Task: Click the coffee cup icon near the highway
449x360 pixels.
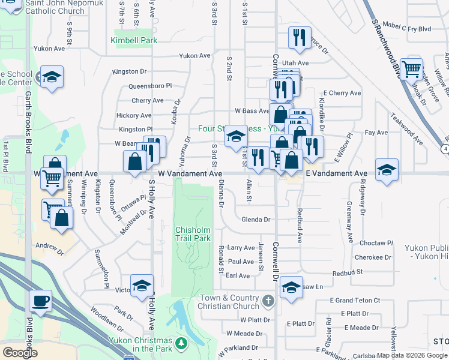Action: tap(40, 301)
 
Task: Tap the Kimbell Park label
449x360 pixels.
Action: tap(133, 41)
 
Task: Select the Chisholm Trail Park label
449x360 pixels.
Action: tap(193, 234)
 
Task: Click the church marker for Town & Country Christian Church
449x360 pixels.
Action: tap(268, 299)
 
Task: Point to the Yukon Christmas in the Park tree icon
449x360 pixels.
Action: tap(179, 343)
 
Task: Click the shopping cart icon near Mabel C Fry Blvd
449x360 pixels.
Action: tap(411, 69)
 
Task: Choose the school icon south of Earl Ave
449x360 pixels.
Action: tap(291, 287)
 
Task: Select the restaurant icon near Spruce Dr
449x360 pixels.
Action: tap(298, 37)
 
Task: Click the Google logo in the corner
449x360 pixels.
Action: tap(19, 352)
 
